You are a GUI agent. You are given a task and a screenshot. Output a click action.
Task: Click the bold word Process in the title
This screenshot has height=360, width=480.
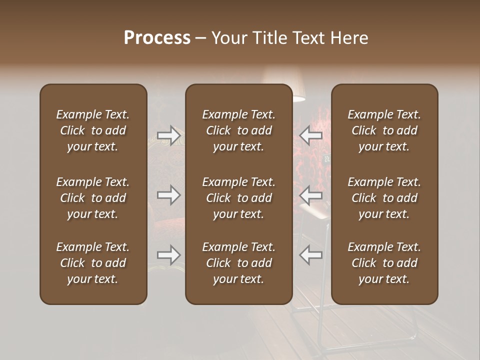pos(157,38)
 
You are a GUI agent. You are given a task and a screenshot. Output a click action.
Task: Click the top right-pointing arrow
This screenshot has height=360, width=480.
pos(168,135)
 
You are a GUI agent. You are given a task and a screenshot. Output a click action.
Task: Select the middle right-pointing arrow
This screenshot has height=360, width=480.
pos(168,194)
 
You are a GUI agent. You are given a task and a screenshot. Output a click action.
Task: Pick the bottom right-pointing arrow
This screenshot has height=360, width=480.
pos(168,255)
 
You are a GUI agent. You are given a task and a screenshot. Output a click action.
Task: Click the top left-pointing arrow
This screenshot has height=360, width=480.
pos(310,135)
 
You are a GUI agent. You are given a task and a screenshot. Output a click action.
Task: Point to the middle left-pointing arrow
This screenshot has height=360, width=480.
pos(310,194)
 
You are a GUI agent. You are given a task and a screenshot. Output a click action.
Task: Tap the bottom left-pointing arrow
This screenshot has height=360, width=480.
pos(310,255)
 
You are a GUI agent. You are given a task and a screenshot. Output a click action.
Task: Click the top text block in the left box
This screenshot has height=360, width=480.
pos(93,130)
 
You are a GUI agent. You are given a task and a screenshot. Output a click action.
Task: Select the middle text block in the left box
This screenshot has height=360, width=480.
pos(93,198)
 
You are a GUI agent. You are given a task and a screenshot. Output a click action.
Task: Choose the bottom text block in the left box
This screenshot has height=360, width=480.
pos(93,263)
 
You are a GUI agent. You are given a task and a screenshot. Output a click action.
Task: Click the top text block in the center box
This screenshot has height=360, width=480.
pos(238,130)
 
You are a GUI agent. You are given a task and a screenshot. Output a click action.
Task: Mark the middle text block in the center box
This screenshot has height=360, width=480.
pos(238,198)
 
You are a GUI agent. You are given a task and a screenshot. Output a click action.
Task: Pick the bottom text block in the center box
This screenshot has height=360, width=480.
pos(238,263)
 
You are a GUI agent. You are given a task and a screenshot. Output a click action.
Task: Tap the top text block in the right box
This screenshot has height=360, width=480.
pos(384,130)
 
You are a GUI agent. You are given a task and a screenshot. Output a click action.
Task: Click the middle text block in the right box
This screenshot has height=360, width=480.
pos(384,198)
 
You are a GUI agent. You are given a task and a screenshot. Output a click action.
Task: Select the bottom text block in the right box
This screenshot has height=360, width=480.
pos(384,263)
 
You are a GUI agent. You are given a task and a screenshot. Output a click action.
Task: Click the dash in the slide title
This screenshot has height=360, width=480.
pos(201,38)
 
